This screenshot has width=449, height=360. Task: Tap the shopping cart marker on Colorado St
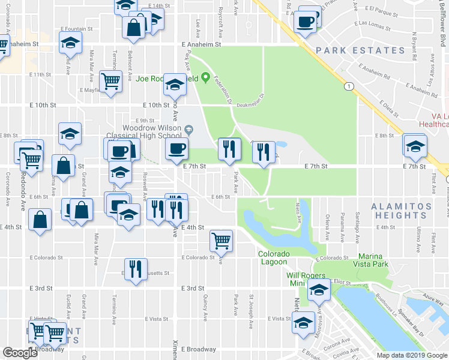tap(221, 241)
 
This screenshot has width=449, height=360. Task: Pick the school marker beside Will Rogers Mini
tap(318, 291)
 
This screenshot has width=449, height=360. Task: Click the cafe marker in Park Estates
tap(306, 22)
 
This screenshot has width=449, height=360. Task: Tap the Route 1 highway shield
tap(348, 87)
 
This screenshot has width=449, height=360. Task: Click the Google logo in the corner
tap(20, 353)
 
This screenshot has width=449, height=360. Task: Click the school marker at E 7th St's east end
tap(415, 145)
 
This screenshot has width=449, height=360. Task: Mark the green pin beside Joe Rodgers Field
tap(206, 77)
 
